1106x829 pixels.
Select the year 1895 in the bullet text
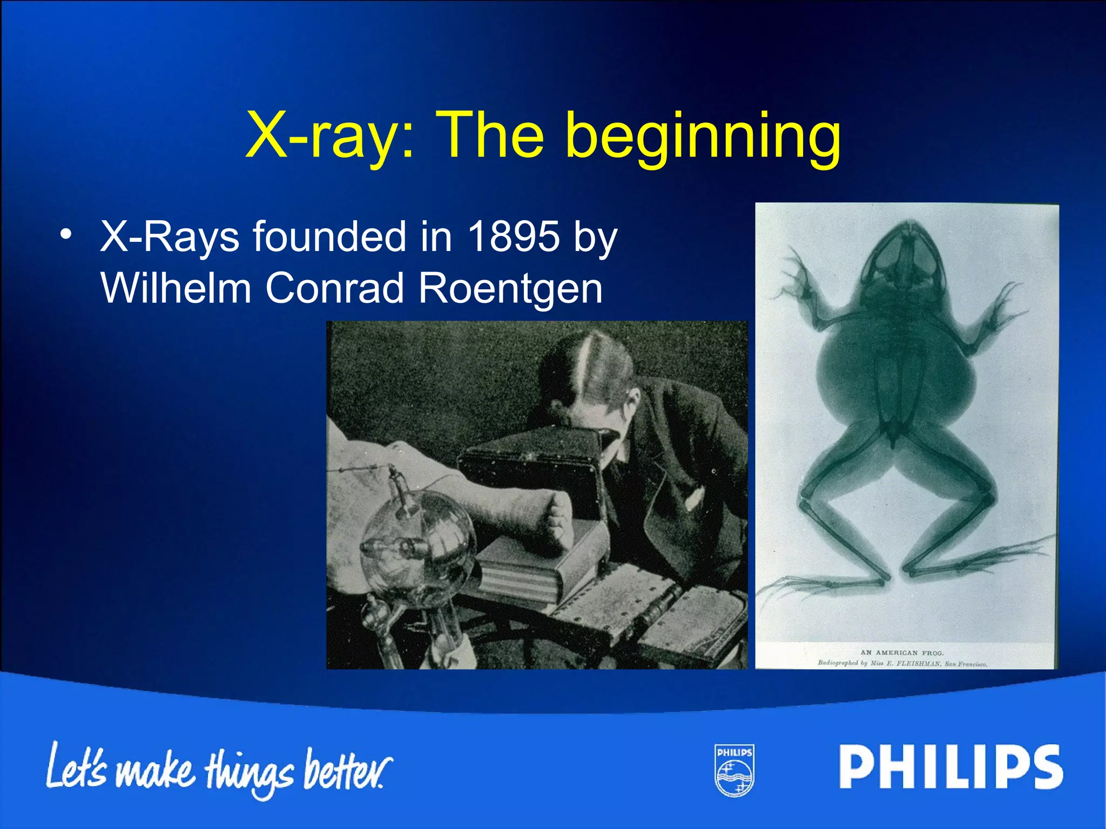point(513,236)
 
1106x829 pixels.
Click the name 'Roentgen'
point(510,288)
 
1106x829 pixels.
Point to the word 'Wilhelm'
point(176,287)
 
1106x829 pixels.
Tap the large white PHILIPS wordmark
point(950,767)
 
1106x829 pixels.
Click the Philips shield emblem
point(734,770)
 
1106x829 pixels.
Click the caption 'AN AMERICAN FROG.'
point(902,653)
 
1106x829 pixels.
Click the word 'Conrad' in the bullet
point(335,288)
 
